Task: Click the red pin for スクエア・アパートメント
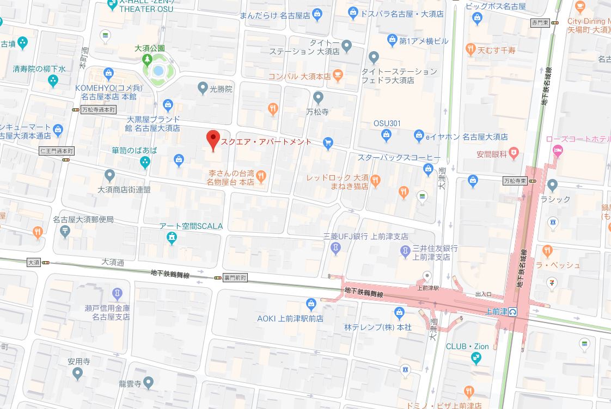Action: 213,139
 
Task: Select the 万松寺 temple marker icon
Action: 319,97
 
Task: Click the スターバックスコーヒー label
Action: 399,158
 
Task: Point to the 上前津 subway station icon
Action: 513,312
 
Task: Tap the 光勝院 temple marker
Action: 203,87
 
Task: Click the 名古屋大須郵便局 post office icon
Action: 65,231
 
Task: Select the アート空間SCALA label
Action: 191,226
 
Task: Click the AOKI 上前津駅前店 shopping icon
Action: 311,303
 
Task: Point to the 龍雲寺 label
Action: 130,384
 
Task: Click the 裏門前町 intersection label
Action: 235,277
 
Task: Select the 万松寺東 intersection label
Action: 515,180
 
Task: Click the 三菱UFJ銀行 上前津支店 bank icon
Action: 336,248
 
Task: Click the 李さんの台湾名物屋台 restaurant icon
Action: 261,175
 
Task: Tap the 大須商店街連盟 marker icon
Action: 109,175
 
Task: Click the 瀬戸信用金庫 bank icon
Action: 117,294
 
